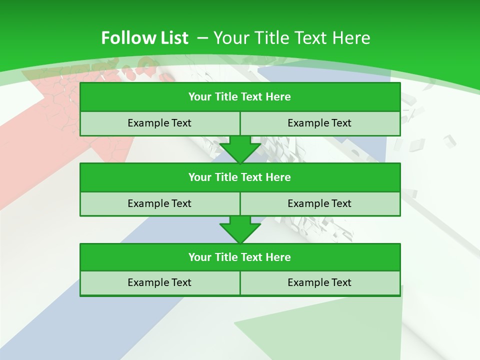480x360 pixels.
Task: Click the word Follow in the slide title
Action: coord(123,38)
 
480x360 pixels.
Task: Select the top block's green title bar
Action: coord(240,97)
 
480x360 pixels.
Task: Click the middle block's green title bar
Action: coord(240,177)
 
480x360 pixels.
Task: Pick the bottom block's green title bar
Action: coord(240,257)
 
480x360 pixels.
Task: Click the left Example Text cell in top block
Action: coord(159,123)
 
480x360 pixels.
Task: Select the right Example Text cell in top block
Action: coord(319,123)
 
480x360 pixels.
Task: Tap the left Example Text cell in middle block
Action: coord(159,203)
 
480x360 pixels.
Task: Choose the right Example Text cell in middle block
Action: coord(319,203)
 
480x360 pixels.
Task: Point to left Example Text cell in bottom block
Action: coord(159,282)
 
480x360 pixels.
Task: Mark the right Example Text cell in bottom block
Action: coord(319,282)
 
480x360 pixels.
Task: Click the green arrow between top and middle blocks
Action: coord(240,149)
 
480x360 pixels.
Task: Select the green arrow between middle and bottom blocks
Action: coord(240,229)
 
